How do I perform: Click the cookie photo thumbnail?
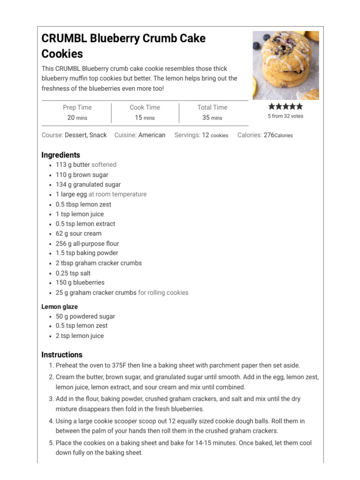(285, 65)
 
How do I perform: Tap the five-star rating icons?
(285, 106)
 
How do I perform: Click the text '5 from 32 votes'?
(285, 116)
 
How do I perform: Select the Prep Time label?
(77, 107)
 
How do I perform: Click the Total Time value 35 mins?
(212, 118)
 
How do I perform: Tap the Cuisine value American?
(151, 135)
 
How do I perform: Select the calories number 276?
(269, 135)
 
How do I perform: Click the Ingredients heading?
(60, 155)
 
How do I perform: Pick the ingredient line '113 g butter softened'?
(86, 165)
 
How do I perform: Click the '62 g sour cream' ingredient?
(78, 233)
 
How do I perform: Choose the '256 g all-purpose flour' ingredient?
(87, 243)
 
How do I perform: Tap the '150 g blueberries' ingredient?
(80, 283)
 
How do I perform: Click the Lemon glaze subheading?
(60, 307)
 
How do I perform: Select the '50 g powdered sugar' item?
(85, 316)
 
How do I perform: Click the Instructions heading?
(62, 355)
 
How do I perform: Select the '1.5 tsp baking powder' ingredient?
(87, 253)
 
